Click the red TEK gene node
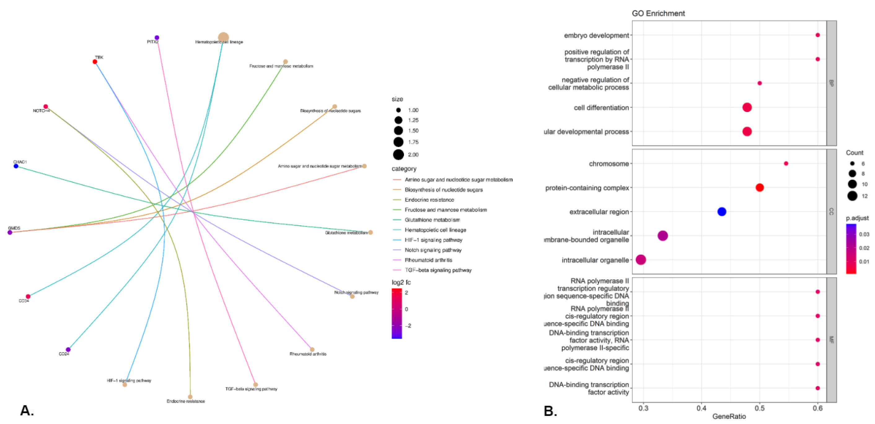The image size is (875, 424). [95, 62]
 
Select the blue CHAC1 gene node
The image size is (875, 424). [16, 166]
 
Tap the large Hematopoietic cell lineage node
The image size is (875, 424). [223, 38]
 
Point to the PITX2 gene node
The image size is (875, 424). [156, 38]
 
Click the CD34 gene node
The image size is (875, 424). [28, 296]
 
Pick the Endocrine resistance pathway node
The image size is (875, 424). [190, 397]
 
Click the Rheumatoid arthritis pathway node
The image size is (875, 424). [312, 349]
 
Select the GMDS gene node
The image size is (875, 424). [10, 232]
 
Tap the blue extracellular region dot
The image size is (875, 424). [722, 212]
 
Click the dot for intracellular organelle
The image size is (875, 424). [641, 260]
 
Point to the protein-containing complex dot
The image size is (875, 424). [760, 188]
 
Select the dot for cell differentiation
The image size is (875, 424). [747, 107]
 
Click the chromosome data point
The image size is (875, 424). [786, 163]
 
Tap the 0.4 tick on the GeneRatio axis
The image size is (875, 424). [701, 408]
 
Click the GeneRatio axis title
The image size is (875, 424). [729, 417]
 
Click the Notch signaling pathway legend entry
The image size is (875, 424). [433, 250]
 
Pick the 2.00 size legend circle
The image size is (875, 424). [398, 155]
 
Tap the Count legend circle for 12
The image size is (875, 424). [852, 196]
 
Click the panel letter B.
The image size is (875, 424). [550, 411]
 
